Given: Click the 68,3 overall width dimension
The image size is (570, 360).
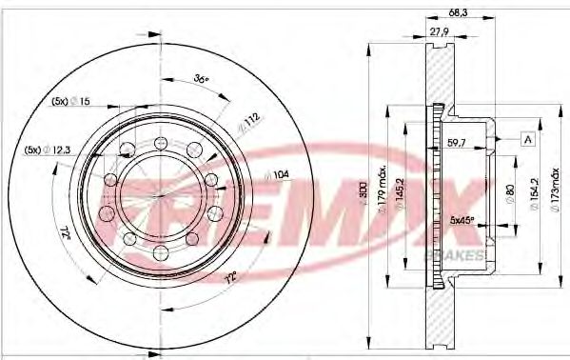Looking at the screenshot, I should click(457, 12).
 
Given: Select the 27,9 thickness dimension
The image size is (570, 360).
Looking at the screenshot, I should click(439, 31).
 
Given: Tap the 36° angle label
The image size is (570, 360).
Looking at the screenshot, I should click(200, 79).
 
